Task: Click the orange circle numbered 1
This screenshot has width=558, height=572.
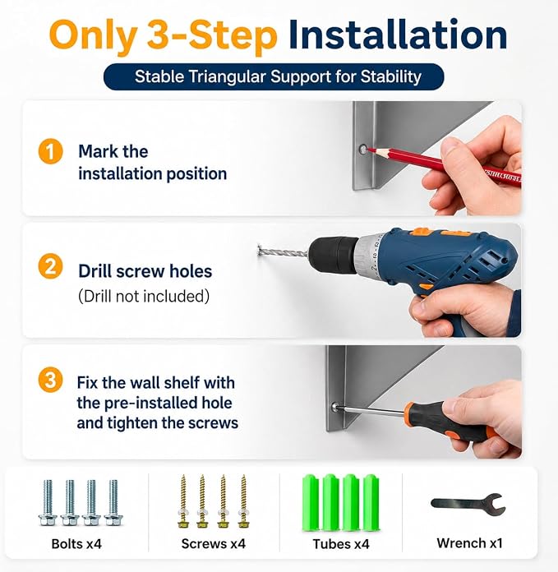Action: pos(50,151)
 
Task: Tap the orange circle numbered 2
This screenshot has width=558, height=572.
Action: pos(50,266)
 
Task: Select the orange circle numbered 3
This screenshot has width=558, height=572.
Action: pos(50,380)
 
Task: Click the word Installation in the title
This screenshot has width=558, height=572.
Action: pos(398,35)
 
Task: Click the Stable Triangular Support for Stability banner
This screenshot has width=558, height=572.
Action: pos(274,76)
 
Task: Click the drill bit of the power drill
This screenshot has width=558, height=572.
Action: pos(284,251)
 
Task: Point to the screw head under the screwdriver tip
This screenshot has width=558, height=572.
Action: pos(334,406)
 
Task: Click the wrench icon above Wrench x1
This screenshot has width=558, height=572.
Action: pos(468,504)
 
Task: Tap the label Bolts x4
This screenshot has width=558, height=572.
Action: pos(76,544)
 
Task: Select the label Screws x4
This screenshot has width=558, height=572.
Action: pos(214,544)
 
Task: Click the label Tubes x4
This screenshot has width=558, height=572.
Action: pos(341,544)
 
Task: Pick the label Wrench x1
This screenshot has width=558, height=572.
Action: pos(470,543)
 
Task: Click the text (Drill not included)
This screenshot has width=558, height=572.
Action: pos(144,296)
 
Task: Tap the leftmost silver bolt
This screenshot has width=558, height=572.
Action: pos(48,503)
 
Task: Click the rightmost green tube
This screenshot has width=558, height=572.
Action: pos(371,502)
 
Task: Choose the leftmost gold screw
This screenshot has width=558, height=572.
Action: pos(183,501)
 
